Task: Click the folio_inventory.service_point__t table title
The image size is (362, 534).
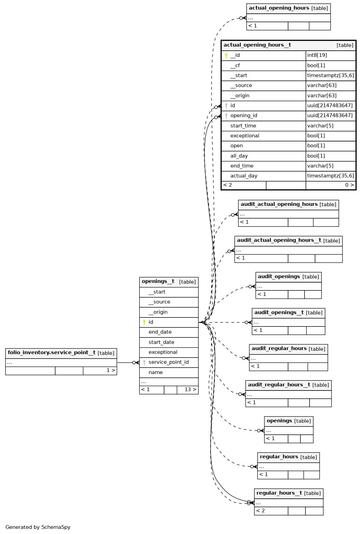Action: [x=51, y=353]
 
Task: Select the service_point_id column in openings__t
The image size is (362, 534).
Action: [x=168, y=362]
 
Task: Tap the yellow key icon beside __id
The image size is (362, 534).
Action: [x=226, y=55]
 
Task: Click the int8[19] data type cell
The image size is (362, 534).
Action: [x=317, y=55]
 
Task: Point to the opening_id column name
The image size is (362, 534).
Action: [x=244, y=116]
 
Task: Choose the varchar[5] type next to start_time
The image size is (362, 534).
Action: [x=320, y=126]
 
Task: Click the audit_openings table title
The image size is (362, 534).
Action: [x=279, y=277]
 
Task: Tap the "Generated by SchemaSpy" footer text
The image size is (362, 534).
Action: [x=38, y=527]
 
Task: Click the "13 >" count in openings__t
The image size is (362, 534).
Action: [x=190, y=389]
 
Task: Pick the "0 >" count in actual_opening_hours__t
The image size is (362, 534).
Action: [x=349, y=185]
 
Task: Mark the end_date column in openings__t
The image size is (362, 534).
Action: [x=160, y=332]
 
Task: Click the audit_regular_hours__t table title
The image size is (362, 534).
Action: [x=279, y=385]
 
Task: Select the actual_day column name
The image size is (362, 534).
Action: [x=244, y=176]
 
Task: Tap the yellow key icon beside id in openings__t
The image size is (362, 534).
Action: [x=144, y=322]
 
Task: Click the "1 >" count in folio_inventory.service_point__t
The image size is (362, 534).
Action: [x=111, y=370]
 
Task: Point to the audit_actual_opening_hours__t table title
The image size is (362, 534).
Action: [x=279, y=240]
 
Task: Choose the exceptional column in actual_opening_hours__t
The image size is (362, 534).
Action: [x=245, y=136]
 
